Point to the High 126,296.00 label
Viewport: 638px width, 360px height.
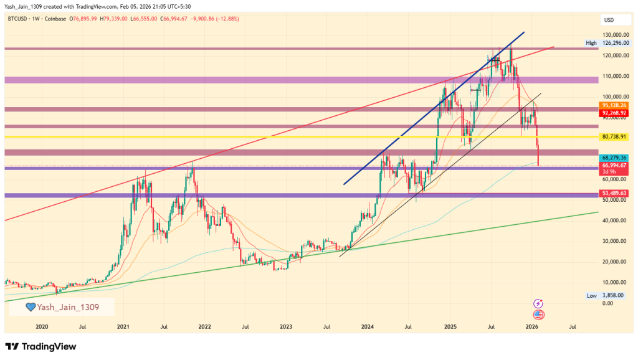(x=606, y=43)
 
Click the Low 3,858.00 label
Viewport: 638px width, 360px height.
(x=606, y=295)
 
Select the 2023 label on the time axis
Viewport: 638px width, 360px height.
(x=286, y=326)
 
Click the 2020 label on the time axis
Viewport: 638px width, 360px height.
(x=42, y=326)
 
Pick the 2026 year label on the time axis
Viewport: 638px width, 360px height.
(x=531, y=326)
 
